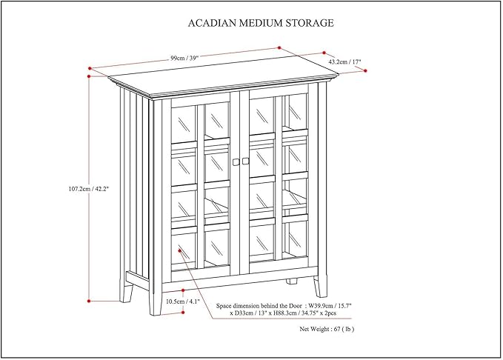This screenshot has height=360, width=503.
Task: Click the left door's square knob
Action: (236, 161)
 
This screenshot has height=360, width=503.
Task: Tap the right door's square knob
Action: (245, 161)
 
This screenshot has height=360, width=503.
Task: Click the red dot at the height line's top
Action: (90, 75)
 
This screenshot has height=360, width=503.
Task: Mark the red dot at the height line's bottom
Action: (90, 301)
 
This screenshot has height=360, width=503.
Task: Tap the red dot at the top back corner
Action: (279, 47)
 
